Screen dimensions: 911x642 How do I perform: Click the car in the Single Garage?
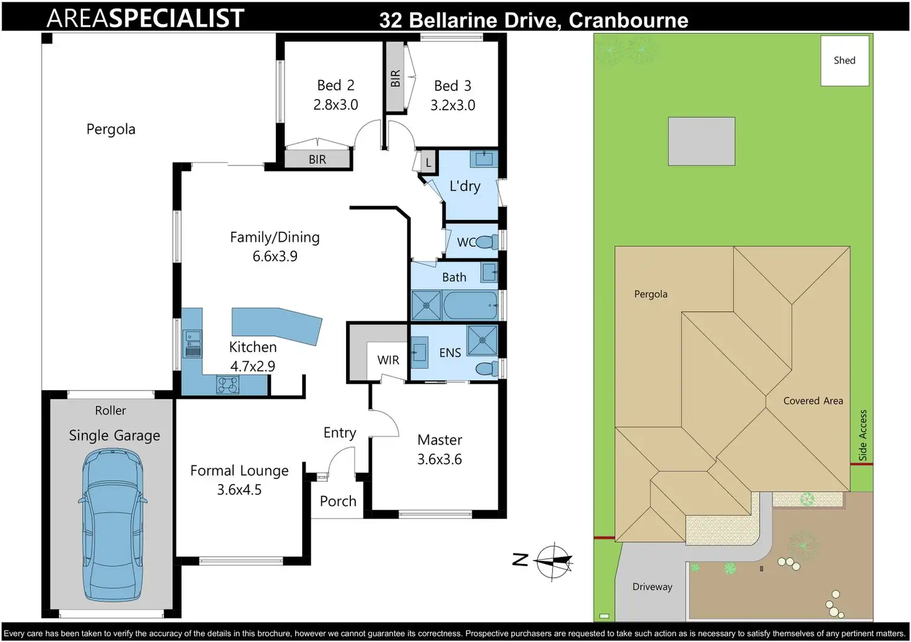[113, 524]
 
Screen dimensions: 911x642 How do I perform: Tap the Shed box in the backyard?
[845, 61]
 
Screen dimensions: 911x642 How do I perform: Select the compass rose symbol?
[553, 562]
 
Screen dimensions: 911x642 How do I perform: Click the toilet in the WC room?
[487, 242]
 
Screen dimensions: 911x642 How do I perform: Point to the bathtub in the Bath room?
[470, 305]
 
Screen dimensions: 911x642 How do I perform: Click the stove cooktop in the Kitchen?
[228, 385]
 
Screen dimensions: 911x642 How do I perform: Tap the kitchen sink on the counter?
[194, 344]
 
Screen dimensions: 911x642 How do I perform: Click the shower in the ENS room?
[482, 340]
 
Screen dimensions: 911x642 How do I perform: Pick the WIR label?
[388, 360]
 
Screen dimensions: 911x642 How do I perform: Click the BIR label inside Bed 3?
[395, 79]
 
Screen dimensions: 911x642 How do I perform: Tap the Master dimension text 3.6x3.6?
[439, 459]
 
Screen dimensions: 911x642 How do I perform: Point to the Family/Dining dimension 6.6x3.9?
[275, 256]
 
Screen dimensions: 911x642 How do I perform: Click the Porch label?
[338, 501]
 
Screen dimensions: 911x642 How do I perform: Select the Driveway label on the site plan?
[652, 587]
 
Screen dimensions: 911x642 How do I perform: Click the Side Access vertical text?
[863, 435]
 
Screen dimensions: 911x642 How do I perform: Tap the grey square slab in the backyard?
[702, 142]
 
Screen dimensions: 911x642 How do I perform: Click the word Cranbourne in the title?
[628, 20]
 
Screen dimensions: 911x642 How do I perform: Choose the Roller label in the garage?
[110, 410]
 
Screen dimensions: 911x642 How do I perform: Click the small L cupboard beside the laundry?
[428, 162]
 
